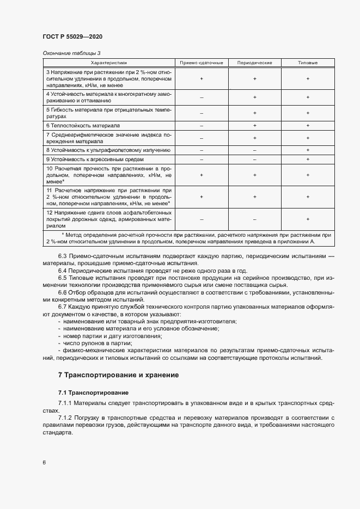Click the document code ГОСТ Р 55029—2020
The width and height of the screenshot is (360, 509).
click(x=72, y=36)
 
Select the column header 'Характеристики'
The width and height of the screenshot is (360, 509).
click(x=108, y=63)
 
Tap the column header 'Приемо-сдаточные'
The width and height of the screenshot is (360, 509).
click(x=202, y=63)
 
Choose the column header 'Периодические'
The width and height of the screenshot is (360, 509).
click(x=254, y=63)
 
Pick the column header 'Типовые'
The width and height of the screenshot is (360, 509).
click(x=308, y=63)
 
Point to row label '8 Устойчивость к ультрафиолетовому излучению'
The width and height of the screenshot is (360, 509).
click(x=108, y=149)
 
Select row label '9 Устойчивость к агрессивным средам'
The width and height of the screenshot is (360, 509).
click(x=94, y=159)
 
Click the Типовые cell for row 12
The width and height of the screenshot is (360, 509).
click(x=308, y=219)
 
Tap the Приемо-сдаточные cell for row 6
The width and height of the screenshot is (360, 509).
click(x=202, y=125)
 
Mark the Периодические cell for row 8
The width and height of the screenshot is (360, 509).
click(x=254, y=149)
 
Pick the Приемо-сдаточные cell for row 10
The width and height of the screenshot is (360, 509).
click(x=202, y=175)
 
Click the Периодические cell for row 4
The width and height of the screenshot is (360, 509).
click(x=254, y=97)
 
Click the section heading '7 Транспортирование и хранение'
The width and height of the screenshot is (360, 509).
click(x=118, y=375)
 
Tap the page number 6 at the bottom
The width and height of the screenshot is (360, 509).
click(x=44, y=463)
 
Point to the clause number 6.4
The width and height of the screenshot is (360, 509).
click(x=64, y=271)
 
